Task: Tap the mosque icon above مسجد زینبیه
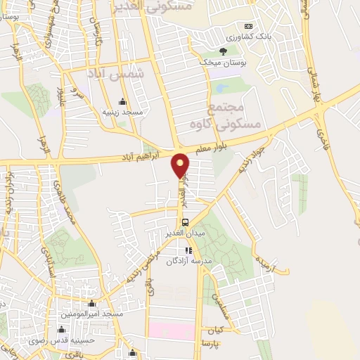(123, 101)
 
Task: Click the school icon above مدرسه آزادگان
(188, 250)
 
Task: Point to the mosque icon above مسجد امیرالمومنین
(91, 304)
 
